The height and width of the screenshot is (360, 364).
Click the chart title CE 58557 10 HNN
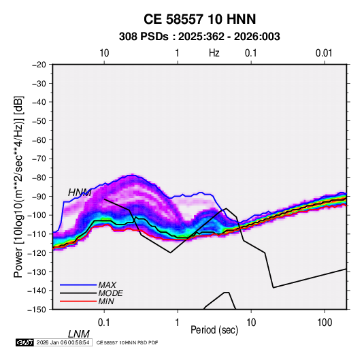pyautogui.click(x=199, y=19)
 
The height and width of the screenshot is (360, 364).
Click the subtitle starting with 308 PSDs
pyautogui.click(x=199, y=37)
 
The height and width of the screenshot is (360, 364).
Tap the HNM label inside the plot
pyautogui.click(x=80, y=193)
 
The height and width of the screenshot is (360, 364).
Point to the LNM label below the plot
pyautogui.click(x=78, y=334)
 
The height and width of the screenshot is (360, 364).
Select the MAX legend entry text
pyautogui.click(x=107, y=284)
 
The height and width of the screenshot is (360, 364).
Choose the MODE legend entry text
pyautogui.click(x=110, y=293)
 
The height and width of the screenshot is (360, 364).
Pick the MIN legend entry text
pyautogui.click(x=106, y=301)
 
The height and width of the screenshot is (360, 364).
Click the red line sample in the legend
pyautogui.click(x=78, y=301)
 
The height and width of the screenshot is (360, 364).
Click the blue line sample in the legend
pyautogui.click(x=78, y=284)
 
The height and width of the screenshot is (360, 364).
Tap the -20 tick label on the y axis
pyautogui.click(x=39, y=65)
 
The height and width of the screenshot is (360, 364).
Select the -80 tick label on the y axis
pyautogui.click(x=39, y=178)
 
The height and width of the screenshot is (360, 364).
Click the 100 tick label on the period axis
pyautogui.click(x=325, y=323)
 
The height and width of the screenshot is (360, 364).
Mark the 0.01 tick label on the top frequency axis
pyautogui.click(x=324, y=53)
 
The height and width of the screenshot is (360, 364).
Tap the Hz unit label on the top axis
pyautogui.click(x=214, y=53)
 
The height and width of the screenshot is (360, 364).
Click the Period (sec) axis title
pyautogui.click(x=214, y=330)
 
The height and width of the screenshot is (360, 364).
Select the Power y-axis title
pyautogui.click(x=18, y=187)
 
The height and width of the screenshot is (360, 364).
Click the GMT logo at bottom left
pyautogui.click(x=24, y=342)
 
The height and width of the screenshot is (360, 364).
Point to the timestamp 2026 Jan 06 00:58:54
pyautogui.click(x=63, y=342)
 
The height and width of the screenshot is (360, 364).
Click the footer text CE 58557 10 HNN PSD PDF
pyautogui.click(x=127, y=342)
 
